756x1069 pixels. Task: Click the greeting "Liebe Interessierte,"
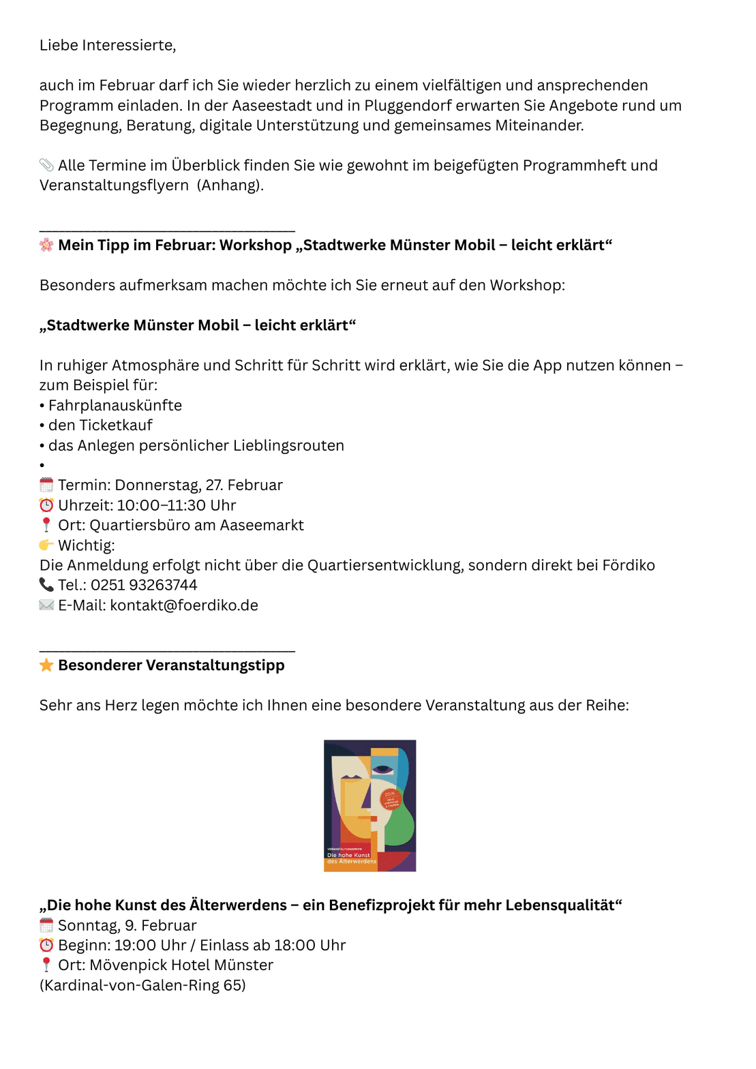click(108, 46)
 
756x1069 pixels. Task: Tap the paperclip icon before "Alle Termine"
click(46, 165)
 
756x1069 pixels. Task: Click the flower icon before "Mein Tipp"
click(46, 245)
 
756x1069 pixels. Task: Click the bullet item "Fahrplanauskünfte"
click(115, 406)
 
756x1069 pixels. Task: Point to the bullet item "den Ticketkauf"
click(100, 425)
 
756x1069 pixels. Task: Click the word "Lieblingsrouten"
click(288, 446)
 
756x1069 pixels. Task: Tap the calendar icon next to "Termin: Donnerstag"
click(46, 485)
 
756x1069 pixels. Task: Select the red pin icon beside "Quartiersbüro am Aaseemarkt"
click(46, 525)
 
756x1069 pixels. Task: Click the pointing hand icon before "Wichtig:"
click(46, 545)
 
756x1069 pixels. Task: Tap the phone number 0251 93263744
click(144, 585)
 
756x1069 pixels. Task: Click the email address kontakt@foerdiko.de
click(184, 605)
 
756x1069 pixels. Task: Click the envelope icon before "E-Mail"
click(46, 605)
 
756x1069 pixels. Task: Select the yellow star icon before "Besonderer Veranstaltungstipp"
click(46, 665)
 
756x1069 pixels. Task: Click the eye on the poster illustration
click(382, 770)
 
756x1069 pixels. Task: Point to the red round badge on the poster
click(391, 799)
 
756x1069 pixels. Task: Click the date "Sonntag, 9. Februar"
click(127, 926)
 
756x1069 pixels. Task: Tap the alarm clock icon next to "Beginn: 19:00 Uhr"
click(46, 946)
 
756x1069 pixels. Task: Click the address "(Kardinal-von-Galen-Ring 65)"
click(142, 986)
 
